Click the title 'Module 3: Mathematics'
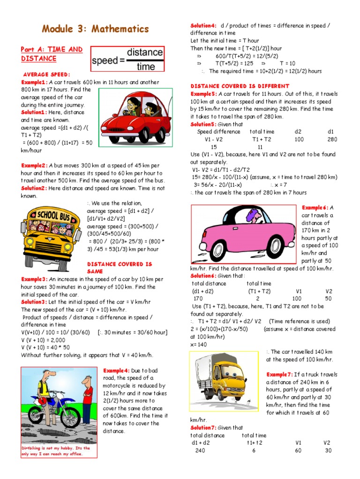(95, 29)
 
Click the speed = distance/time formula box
(127, 59)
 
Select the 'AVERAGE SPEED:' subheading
(46, 74)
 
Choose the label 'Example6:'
(315, 208)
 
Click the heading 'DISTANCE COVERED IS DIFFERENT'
(240, 86)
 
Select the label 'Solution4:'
(203, 26)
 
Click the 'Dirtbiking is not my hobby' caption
(55, 451)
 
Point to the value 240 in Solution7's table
(200, 450)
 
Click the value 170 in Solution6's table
(198, 298)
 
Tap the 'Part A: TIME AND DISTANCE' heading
(52, 54)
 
